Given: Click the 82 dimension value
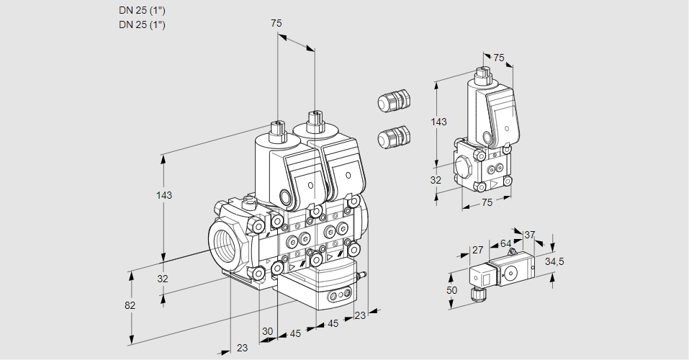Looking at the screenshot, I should [x=130, y=305].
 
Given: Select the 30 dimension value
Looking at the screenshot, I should [x=268, y=331].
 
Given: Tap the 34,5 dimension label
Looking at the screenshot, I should [x=554, y=261].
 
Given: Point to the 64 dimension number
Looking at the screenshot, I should [x=505, y=243].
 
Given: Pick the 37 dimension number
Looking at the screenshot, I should [x=529, y=235].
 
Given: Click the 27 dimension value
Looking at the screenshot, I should [x=477, y=251].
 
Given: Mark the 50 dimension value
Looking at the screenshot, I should [x=451, y=289].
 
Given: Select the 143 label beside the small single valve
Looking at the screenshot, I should [x=438, y=122].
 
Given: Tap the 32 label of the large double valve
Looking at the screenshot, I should [x=163, y=279].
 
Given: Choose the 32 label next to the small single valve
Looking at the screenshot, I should [x=436, y=180].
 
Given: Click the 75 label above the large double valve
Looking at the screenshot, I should [x=276, y=24].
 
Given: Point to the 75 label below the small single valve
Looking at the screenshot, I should [x=487, y=203].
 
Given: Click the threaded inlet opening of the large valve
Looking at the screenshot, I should [x=224, y=244].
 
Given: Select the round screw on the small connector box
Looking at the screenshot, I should [x=510, y=273].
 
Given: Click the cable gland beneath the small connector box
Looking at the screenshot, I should [x=477, y=293].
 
